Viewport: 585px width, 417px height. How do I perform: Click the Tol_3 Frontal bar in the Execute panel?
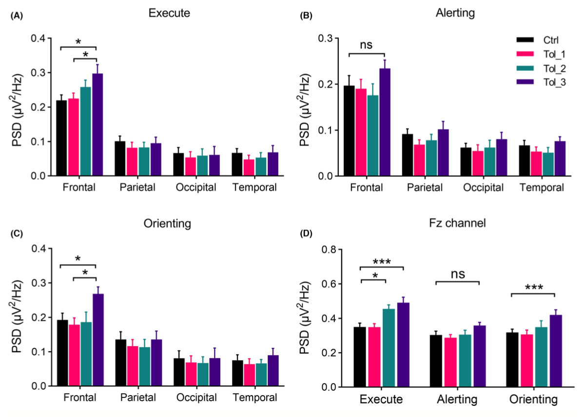(97, 125)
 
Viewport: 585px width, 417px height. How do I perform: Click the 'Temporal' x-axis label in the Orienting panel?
(254, 397)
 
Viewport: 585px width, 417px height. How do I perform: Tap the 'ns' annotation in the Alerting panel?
(367, 45)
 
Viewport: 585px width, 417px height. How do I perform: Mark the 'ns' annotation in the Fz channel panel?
(457, 275)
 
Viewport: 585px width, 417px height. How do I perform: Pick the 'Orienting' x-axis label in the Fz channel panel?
(533, 399)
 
